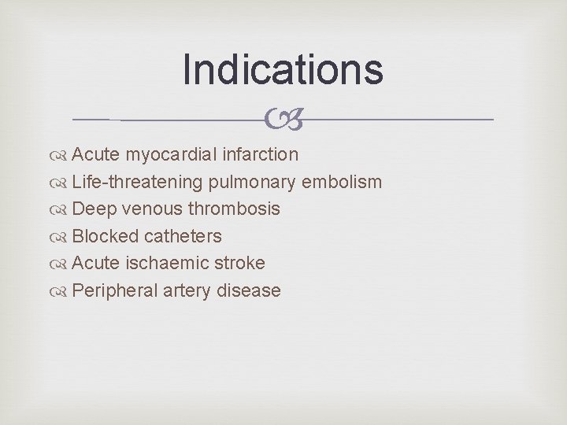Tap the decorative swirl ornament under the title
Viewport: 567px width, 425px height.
[283, 120]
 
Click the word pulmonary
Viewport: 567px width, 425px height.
[256, 183]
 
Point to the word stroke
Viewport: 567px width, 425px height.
[237, 263]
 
